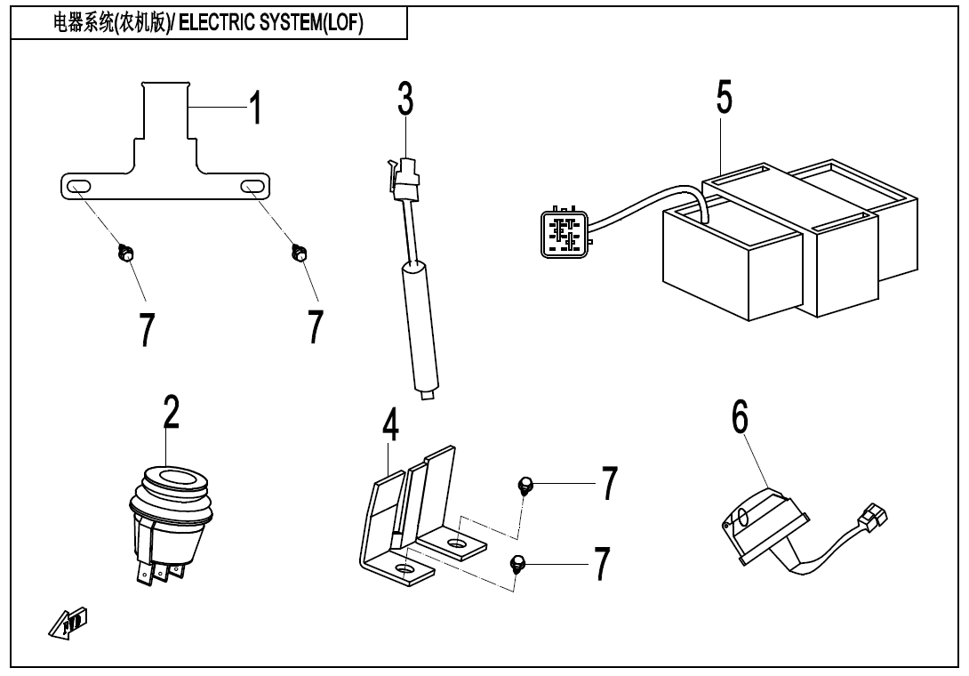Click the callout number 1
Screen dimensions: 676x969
pos(255,108)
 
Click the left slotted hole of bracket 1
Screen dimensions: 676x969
pos(77,186)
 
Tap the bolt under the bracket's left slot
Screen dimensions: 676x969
pos(125,254)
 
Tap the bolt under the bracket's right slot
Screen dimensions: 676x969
pos(300,254)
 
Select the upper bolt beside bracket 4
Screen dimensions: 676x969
pos(525,485)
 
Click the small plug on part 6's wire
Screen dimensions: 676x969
pos(866,517)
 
